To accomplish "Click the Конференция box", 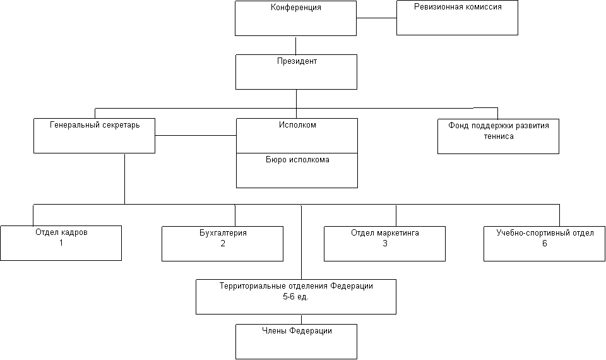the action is [x=295, y=18].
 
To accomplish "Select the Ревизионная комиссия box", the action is [x=457, y=18].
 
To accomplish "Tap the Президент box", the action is [x=297, y=72].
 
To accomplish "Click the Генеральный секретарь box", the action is [x=94, y=136].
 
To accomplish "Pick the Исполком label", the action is [x=297, y=125].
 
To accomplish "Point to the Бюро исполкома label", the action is [x=297, y=160].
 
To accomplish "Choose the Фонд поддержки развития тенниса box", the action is [x=498, y=136].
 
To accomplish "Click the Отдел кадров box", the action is [x=61, y=243].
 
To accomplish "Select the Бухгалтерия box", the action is [x=222, y=244].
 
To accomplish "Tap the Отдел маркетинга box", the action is [x=384, y=244].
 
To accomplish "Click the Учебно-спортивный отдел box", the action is [x=545, y=244].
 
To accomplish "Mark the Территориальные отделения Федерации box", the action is [x=296, y=297].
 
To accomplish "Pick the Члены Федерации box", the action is [x=297, y=342].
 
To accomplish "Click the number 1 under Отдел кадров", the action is [x=61, y=243].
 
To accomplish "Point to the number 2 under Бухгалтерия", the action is [x=223, y=243].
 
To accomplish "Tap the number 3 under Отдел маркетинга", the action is [x=385, y=243].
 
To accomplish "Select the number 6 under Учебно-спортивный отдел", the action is [x=545, y=243].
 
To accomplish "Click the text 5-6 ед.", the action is [x=296, y=297].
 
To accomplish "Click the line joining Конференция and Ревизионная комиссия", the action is [x=376, y=18].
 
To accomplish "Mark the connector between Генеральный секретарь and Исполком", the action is [x=196, y=135].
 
